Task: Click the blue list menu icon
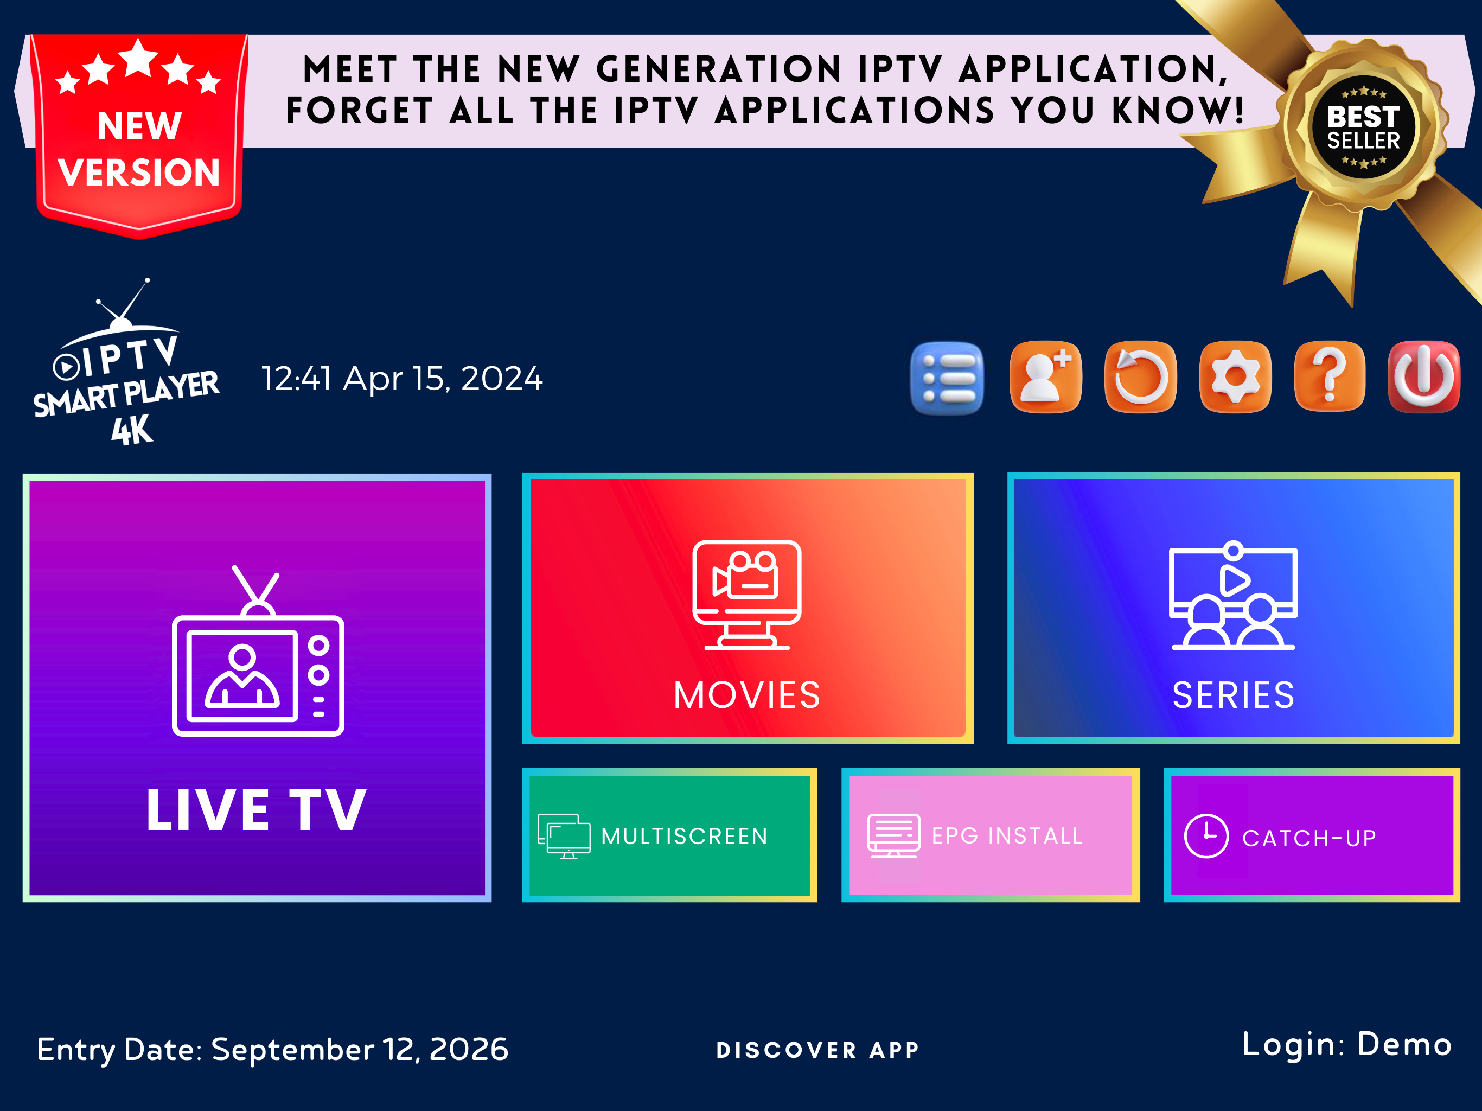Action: pos(947,379)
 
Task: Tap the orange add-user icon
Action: pos(1045,377)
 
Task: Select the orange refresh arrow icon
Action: pos(1140,377)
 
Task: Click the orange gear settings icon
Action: pos(1235,377)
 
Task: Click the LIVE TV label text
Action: pos(257,810)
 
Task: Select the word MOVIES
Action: pos(747,695)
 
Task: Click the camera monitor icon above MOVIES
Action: pos(747,595)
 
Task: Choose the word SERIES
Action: pos(1234,695)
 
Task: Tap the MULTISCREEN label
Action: pos(684,837)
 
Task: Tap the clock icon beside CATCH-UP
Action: pos(1206,837)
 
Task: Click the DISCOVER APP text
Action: pos(818,1050)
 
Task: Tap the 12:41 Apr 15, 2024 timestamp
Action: pos(401,379)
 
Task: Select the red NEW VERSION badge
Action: pos(139,134)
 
